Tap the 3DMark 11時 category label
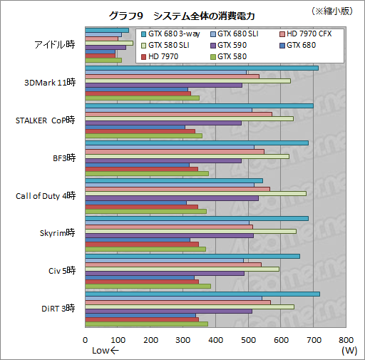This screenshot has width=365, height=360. [50, 82]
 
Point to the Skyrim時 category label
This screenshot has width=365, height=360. [57, 232]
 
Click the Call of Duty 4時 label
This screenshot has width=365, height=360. [46, 195]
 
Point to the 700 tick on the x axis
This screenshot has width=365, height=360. [313, 340]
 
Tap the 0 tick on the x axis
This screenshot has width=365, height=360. [86, 340]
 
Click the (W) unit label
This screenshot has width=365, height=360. [349, 350]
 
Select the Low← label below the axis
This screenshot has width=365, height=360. [106, 350]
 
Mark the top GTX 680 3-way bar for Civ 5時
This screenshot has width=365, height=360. [192, 256]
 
